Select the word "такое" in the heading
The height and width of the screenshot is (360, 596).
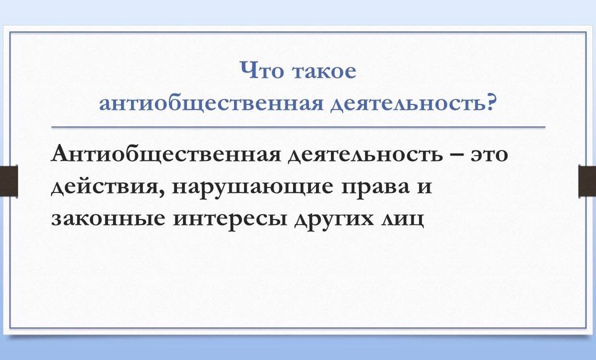pos(324,71)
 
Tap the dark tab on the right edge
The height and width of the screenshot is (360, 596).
pos(587,181)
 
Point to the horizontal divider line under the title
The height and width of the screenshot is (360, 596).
pos(299,127)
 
